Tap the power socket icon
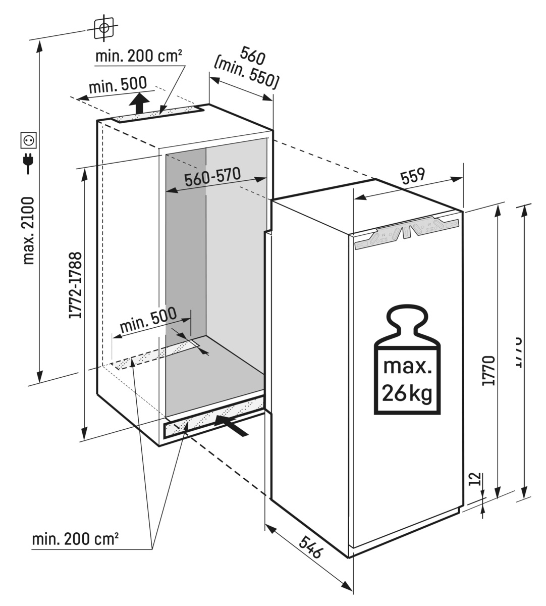pos(28,139)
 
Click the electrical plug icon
pos(28,162)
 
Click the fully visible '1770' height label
pos(488,371)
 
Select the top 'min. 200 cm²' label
pos(138,56)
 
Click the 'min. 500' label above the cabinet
pos(117,84)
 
